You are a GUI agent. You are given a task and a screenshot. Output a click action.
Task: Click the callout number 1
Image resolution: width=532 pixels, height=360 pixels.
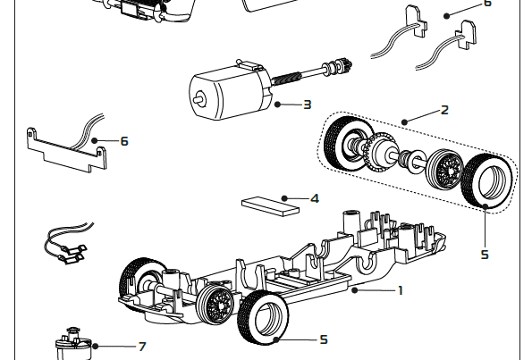tap(401, 289)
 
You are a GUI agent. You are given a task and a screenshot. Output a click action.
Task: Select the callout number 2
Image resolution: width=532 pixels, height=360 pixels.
tap(444, 110)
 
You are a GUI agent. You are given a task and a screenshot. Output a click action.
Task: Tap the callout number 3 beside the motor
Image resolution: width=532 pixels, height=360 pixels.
tap(307, 105)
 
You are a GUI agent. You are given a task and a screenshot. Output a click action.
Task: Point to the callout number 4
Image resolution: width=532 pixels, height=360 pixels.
tap(314, 197)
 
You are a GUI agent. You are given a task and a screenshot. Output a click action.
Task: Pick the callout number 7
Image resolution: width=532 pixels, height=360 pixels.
tap(141, 346)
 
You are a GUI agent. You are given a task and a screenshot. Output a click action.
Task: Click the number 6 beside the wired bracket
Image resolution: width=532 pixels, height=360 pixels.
tap(124, 141)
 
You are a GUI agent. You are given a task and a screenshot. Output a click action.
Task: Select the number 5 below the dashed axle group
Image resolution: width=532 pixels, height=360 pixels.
tap(484, 255)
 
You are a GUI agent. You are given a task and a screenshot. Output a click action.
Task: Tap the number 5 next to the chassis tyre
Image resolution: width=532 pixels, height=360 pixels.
tap(323, 339)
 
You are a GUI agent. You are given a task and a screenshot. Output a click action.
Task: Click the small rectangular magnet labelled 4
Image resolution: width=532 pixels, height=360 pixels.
tap(269, 205)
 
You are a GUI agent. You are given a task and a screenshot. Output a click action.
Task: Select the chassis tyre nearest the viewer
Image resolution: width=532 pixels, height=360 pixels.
tap(264, 319)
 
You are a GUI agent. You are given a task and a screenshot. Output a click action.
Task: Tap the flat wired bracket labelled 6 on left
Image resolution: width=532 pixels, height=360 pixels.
tap(63, 147)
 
